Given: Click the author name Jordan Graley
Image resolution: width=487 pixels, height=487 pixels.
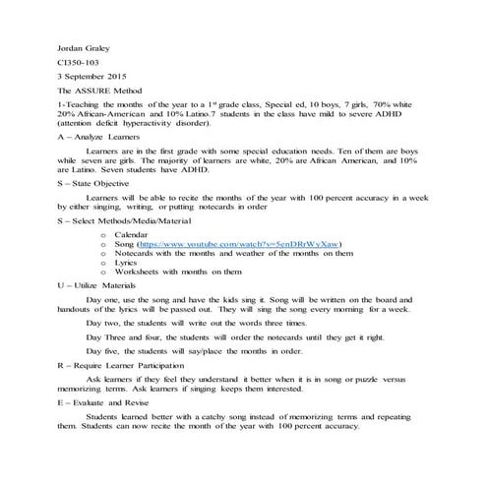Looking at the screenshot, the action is click(83, 48).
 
